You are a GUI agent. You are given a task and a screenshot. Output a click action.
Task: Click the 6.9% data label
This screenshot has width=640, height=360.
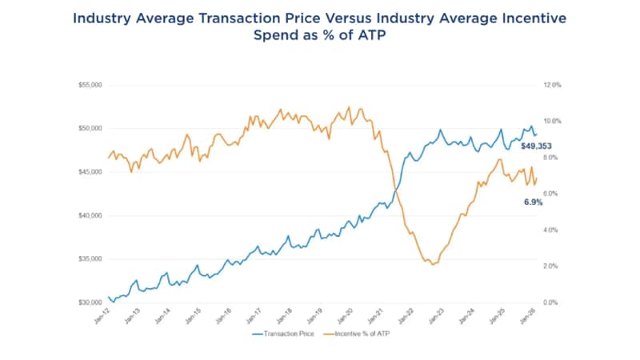click(x=533, y=202)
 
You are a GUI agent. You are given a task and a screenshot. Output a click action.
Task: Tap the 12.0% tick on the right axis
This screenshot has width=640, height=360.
click(x=554, y=84)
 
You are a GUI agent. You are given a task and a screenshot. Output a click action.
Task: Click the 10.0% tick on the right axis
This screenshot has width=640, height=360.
click(x=554, y=121)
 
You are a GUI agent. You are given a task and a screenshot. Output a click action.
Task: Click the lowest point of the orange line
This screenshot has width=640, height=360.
click(x=433, y=264)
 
